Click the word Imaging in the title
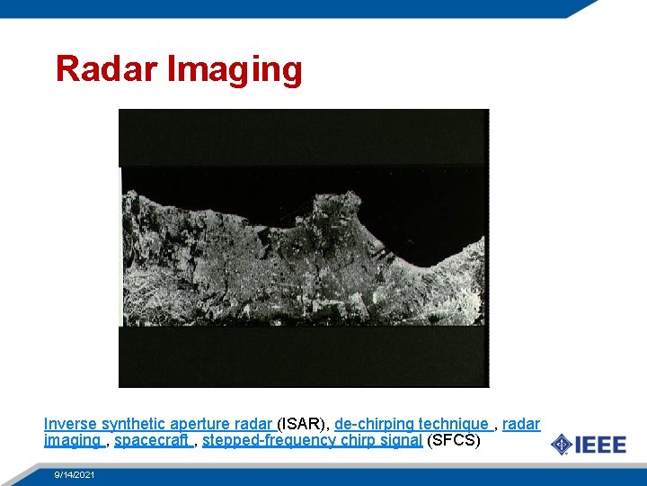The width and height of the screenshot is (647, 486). (x=235, y=69)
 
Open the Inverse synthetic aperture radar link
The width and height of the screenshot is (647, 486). (x=158, y=424)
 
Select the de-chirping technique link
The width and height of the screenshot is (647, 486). (x=412, y=424)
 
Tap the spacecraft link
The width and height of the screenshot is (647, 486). (x=152, y=441)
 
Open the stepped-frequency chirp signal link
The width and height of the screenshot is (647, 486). (x=312, y=441)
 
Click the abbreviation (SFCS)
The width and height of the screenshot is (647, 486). (x=454, y=441)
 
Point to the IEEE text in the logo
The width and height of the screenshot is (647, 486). (x=600, y=445)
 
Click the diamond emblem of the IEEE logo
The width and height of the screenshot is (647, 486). (x=561, y=445)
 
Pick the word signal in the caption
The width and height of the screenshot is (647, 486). (x=402, y=441)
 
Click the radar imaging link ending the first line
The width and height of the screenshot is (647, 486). (x=521, y=424)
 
